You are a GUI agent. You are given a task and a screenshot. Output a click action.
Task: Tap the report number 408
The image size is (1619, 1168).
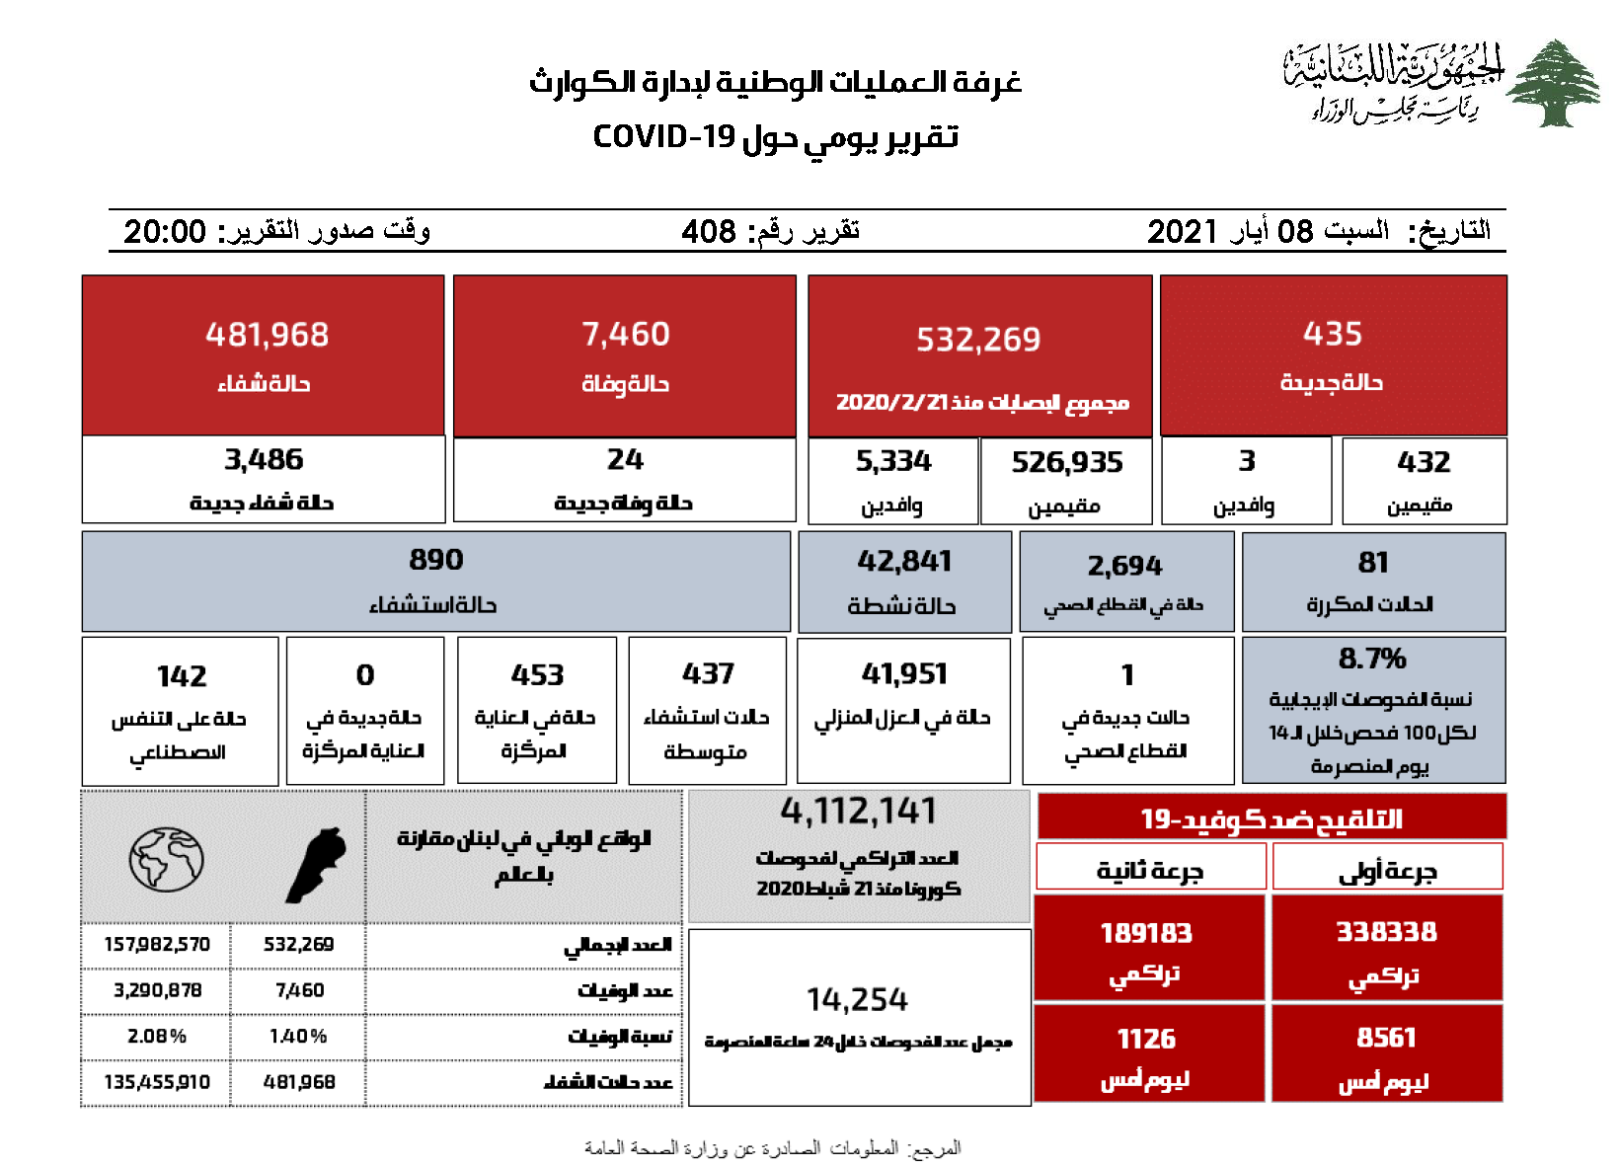(x=709, y=232)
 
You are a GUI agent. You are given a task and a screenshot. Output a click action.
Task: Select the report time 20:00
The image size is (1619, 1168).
(x=165, y=232)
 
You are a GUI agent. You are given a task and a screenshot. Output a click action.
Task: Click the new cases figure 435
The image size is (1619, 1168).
(x=1332, y=334)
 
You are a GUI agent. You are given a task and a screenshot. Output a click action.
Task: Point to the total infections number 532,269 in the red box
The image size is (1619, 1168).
(x=978, y=340)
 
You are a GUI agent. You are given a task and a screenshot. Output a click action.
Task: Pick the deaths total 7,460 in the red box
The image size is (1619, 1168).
(x=626, y=335)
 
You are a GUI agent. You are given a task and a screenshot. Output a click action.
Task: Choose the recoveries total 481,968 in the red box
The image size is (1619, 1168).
(x=267, y=335)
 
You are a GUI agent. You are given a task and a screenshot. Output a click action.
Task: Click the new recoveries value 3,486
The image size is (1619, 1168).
(x=264, y=459)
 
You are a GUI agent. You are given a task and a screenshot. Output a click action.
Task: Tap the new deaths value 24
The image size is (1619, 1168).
(x=625, y=459)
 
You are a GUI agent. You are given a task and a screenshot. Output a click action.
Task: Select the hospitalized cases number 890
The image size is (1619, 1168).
(x=435, y=560)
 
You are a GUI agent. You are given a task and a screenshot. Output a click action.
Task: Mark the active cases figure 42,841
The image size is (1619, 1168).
(x=904, y=561)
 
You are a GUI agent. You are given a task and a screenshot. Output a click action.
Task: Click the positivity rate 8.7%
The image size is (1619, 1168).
(x=1372, y=658)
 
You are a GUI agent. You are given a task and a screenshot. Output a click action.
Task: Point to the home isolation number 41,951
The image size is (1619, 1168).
(x=904, y=673)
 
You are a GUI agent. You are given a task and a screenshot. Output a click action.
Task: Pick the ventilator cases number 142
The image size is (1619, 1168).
(x=182, y=676)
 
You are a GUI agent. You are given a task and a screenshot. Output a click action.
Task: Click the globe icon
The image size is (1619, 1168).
(x=166, y=859)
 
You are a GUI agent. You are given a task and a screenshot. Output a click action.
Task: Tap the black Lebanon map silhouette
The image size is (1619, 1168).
(x=318, y=864)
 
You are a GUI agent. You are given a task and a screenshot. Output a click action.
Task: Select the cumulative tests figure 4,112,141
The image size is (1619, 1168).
(x=858, y=812)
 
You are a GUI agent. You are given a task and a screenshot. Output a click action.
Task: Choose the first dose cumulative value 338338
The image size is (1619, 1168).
(x=1386, y=932)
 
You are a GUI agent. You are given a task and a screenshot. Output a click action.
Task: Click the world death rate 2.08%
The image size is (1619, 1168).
(x=157, y=1036)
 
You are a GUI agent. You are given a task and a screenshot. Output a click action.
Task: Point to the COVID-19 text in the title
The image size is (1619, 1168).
(x=664, y=136)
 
